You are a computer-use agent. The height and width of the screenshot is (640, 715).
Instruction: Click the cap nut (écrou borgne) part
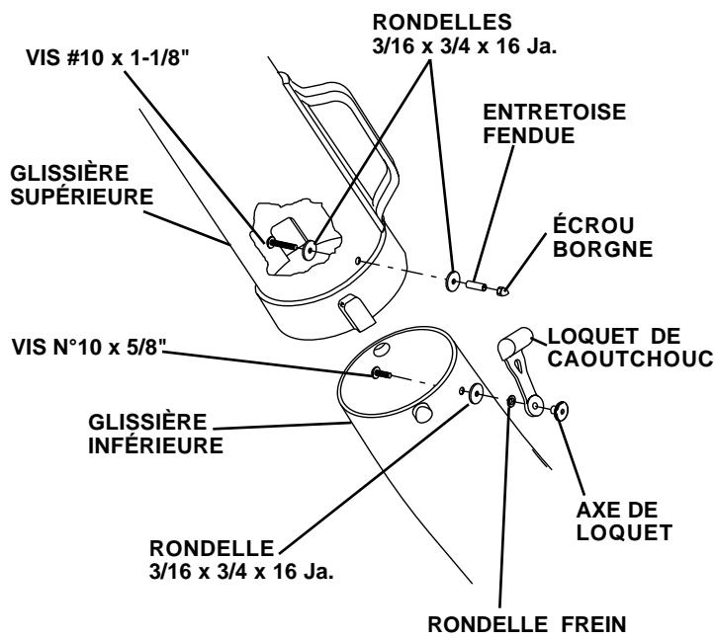pos(503,290)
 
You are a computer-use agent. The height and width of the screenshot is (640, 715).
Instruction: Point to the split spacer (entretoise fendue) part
pos(477,285)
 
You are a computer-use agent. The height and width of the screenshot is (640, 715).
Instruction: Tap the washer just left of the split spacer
pos(453,280)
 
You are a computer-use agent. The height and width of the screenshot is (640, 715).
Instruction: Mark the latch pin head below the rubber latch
pos(561,408)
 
